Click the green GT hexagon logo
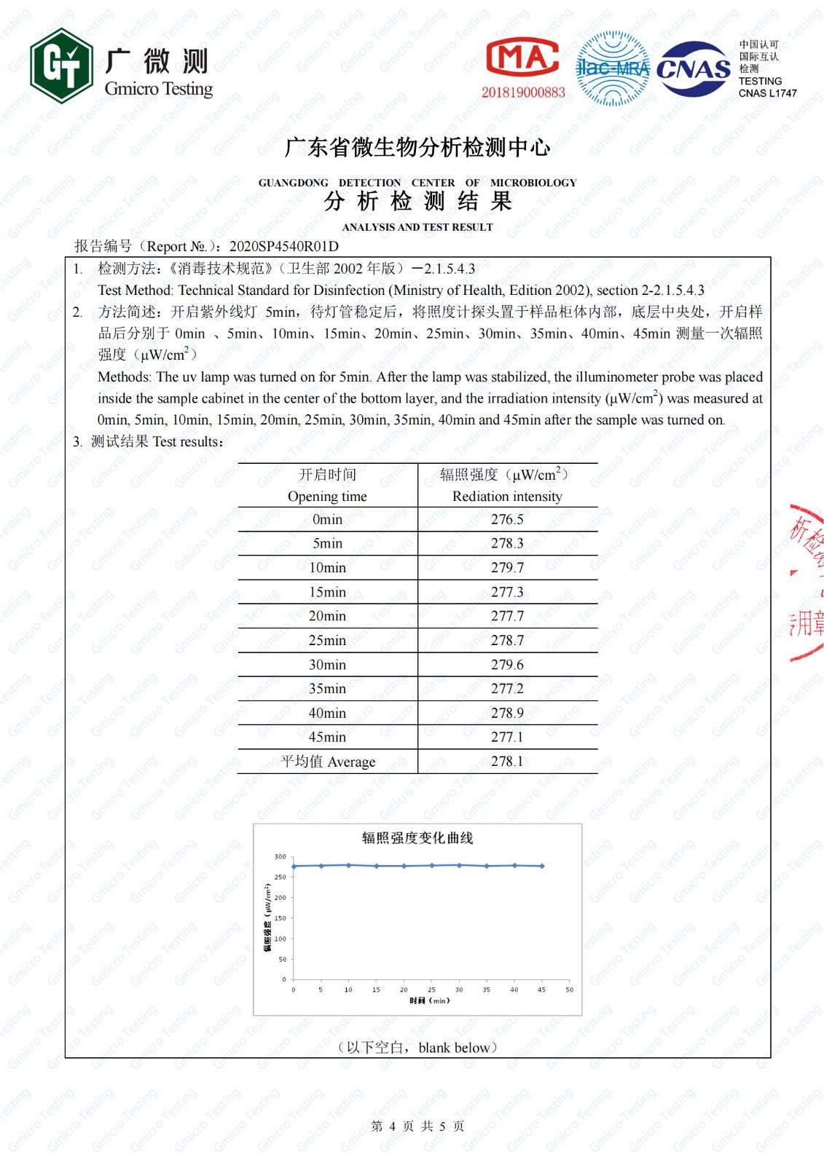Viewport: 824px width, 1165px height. pyautogui.click(x=61, y=66)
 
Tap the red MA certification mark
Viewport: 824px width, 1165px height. pyautogui.click(x=522, y=58)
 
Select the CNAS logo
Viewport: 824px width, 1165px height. pyautogui.click(x=693, y=69)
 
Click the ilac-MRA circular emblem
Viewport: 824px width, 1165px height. pyautogui.click(x=612, y=68)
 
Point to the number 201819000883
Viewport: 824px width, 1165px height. pyautogui.click(x=522, y=92)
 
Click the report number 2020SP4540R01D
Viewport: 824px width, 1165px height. pyautogui.click(x=283, y=246)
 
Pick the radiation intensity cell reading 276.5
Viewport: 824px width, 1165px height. pyautogui.click(x=507, y=519)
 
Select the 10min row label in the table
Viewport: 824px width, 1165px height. pyautogui.click(x=327, y=568)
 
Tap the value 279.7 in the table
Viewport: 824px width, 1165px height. pyautogui.click(x=507, y=568)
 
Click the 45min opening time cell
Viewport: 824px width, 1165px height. pyautogui.click(x=327, y=738)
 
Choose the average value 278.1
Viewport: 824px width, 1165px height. pyautogui.click(x=507, y=762)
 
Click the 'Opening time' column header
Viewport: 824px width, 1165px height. pyautogui.click(x=327, y=497)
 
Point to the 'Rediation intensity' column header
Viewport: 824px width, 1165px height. pyautogui.click(x=507, y=497)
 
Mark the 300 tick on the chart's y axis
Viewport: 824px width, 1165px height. pyautogui.click(x=280, y=857)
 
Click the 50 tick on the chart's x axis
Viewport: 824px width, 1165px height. pyautogui.click(x=569, y=990)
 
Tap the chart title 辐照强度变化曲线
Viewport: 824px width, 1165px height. pyautogui.click(x=417, y=838)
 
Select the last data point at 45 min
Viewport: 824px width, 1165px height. pyautogui.click(x=542, y=866)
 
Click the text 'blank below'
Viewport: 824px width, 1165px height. pyautogui.click(x=454, y=1048)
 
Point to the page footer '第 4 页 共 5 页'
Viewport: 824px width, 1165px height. pyautogui.click(x=417, y=1126)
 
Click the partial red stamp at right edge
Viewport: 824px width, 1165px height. pyautogui.click(x=807, y=582)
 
